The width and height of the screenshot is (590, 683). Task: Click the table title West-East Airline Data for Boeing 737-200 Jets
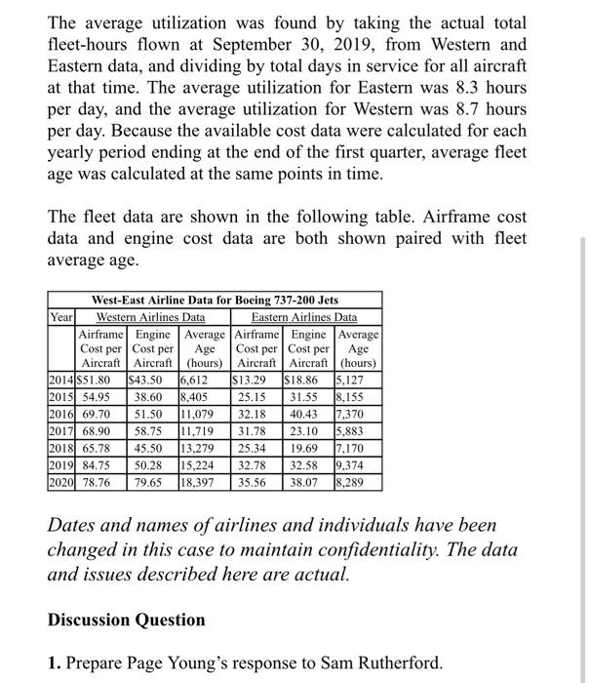click(215, 301)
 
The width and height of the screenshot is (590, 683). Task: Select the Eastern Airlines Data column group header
click(304, 317)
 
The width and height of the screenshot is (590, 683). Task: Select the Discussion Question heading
click(127, 620)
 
